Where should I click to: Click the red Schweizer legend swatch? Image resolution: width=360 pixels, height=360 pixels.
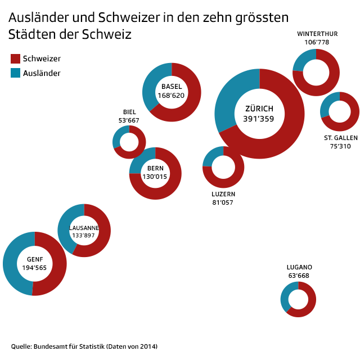[15, 58]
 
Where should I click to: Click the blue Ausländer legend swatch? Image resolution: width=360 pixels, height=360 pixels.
[15, 73]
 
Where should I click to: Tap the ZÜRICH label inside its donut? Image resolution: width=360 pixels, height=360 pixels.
[259, 109]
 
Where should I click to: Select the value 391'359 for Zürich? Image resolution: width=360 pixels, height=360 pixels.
[259, 119]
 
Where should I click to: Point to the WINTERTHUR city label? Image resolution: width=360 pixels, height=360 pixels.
[317, 34]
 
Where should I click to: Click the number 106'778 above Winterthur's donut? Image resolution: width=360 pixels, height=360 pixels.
[317, 42]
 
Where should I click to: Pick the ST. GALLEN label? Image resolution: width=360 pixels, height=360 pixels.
[340, 138]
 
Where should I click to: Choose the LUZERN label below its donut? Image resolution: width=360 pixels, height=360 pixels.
[223, 194]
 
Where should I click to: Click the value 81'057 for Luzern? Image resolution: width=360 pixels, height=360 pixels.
[223, 202]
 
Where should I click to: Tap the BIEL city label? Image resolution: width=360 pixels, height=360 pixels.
[129, 112]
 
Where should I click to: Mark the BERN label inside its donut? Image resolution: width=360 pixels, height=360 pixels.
[155, 168]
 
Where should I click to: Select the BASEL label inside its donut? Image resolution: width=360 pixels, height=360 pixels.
[172, 87]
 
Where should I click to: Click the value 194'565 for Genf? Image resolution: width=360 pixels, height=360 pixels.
[34, 268]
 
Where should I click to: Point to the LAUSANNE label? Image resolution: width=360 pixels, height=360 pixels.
[84, 228]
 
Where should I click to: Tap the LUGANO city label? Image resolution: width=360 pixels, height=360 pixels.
[299, 267]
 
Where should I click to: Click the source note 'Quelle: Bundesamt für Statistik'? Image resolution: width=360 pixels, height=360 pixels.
[84, 346]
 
